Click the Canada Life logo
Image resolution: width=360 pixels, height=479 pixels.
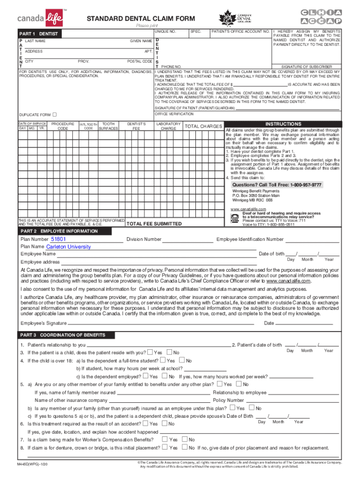(42, 18)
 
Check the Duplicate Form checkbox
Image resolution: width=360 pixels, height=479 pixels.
(55, 115)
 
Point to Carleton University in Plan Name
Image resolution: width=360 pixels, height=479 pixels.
(69, 247)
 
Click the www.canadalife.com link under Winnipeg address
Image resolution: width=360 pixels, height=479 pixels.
(248, 209)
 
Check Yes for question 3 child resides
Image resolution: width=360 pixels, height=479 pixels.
(150, 352)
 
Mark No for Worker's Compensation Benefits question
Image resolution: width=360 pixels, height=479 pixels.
(185, 439)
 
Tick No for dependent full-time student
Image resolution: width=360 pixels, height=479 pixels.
(182, 360)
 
